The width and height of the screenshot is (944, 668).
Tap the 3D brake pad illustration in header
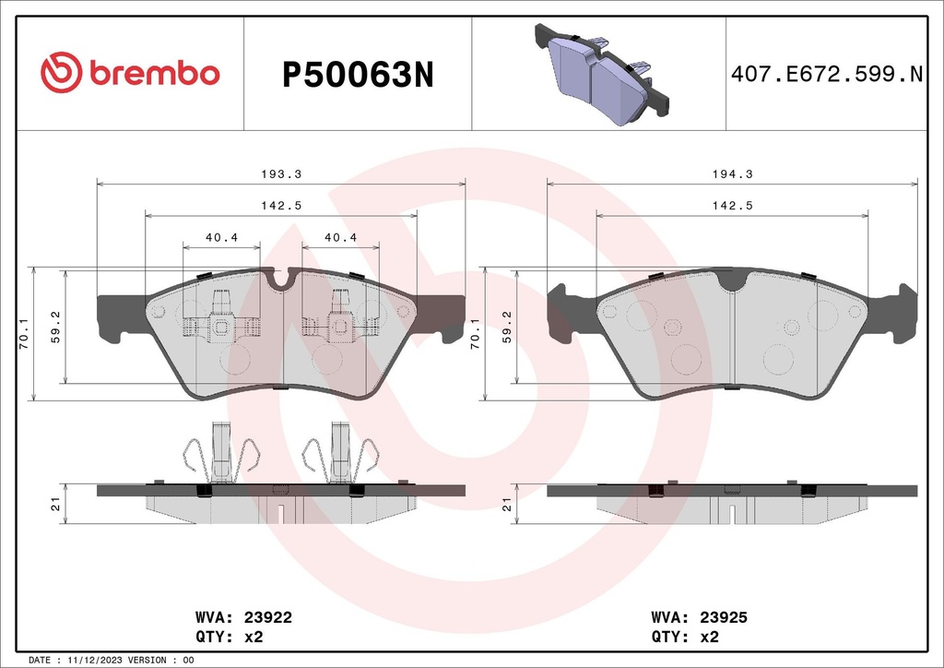click(x=600, y=74)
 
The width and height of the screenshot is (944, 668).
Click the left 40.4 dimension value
click(x=221, y=237)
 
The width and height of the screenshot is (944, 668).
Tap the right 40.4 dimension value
click(x=340, y=237)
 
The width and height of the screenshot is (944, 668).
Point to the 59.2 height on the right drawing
click(x=507, y=327)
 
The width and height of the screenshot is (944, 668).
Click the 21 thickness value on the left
click(x=55, y=504)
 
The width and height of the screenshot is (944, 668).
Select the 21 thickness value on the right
click(x=505, y=504)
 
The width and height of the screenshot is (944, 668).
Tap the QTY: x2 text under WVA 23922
click(x=226, y=637)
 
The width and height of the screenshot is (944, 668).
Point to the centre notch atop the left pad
click(x=280, y=276)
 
